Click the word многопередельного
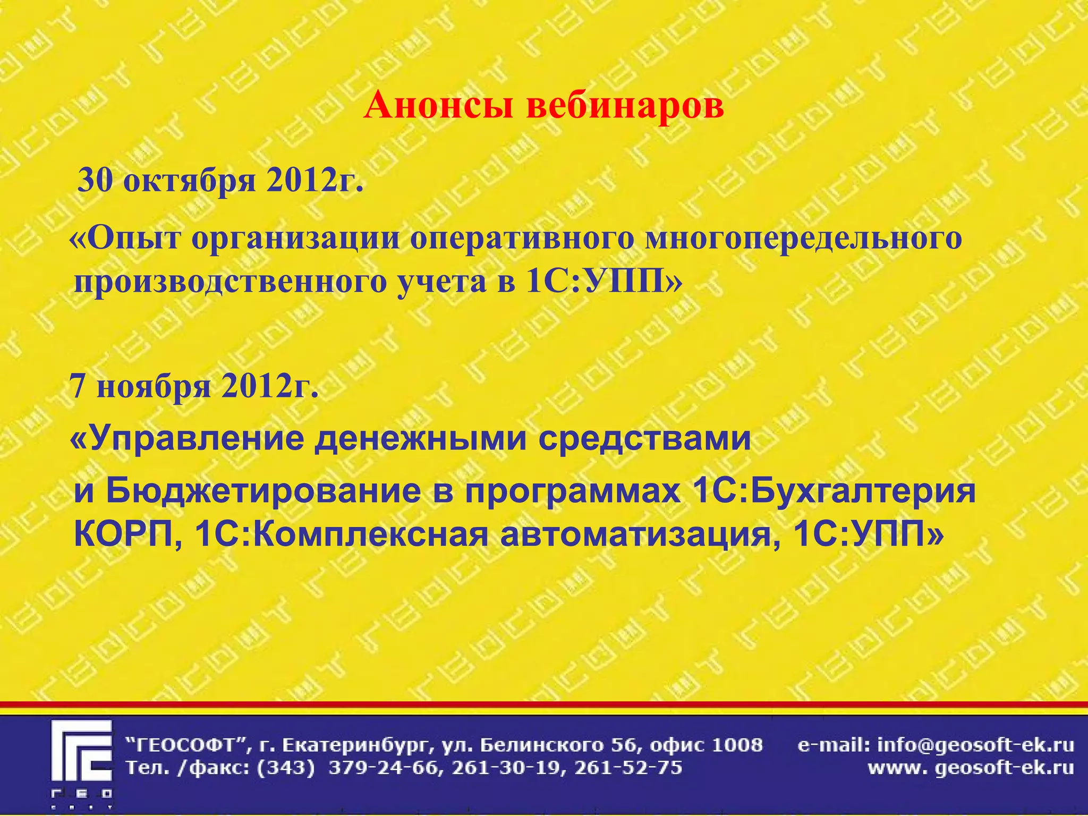(x=803, y=238)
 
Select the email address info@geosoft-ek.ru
(x=975, y=745)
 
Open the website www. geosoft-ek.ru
(x=971, y=768)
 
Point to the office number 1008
(x=736, y=745)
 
